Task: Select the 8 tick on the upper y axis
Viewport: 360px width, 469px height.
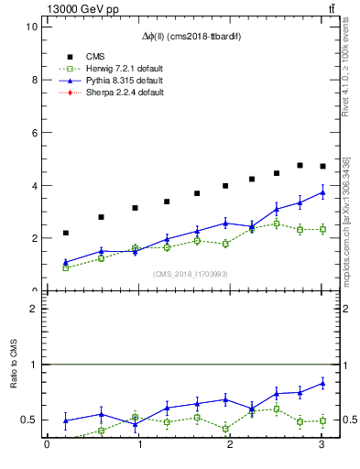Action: pos(33,80)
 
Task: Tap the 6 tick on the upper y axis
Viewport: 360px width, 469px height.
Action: pos(33,133)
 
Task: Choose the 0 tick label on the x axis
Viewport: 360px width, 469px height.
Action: pos(47,446)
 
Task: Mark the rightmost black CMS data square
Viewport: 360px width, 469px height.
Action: pos(322,166)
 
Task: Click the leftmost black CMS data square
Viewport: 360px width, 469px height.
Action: pos(65,233)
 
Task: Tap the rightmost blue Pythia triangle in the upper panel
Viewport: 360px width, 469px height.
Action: pos(322,192)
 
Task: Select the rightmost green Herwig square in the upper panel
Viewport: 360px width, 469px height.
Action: pos(322,229)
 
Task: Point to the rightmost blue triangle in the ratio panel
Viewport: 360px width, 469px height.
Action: pos(322,383)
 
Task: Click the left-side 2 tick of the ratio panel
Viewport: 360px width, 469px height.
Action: pos(33,309)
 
